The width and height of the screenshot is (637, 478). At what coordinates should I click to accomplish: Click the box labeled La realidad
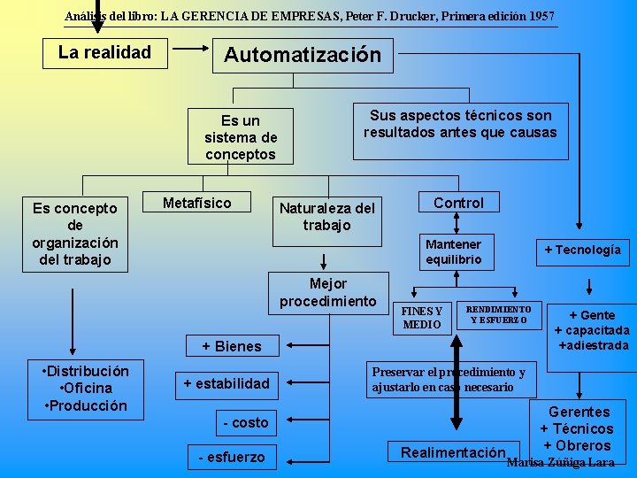(104, 52)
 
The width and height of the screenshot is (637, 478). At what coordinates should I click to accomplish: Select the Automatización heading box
(303, 55)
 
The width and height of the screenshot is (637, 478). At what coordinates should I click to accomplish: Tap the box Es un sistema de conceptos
(241, 137)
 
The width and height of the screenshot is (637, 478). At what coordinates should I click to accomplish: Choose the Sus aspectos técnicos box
(460, 125)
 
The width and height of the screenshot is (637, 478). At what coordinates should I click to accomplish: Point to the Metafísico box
(197, 204)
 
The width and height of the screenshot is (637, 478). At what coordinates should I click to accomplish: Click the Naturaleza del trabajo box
(327, 218)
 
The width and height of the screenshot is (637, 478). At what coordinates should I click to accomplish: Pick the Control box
(458, 204)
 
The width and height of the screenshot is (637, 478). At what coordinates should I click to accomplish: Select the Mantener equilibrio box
(454, 251)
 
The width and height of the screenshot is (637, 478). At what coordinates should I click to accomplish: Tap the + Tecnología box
(582, 250)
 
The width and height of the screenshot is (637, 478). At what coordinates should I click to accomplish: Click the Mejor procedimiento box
(328, 292)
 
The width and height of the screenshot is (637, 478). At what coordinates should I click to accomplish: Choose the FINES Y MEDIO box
(422, 318)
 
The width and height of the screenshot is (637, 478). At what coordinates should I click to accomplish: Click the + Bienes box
(232, 346)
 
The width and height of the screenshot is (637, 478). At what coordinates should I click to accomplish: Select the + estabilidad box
(226, 383)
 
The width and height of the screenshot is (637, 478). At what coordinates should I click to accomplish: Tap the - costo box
(246, 423)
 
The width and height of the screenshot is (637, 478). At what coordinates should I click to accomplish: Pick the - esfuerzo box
(232, 457)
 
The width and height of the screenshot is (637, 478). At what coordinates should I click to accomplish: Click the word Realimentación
(452, 452)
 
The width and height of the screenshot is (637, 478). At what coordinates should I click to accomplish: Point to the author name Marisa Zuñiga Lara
(560, 463)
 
